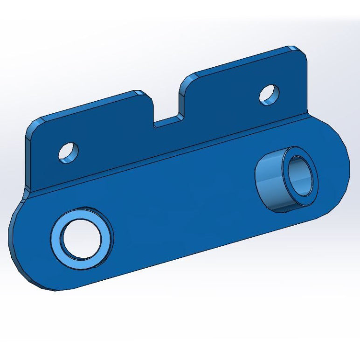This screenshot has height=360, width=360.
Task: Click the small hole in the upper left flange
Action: point(68,152)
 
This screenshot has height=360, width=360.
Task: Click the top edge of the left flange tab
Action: point(89,104)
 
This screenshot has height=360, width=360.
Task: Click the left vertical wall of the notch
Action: point(153,110)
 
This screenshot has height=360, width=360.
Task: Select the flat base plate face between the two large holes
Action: point(182,205)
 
